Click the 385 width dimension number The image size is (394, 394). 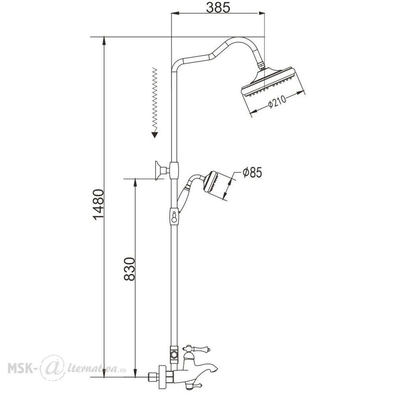218,8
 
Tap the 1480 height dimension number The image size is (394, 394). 98,205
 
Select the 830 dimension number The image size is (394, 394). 130,269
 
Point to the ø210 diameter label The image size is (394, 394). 277,102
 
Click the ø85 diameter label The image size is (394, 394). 252,173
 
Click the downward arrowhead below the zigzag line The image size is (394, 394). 155,135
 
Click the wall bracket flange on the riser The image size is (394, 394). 159,171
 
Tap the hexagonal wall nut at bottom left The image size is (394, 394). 152,377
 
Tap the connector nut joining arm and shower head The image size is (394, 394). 262,65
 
